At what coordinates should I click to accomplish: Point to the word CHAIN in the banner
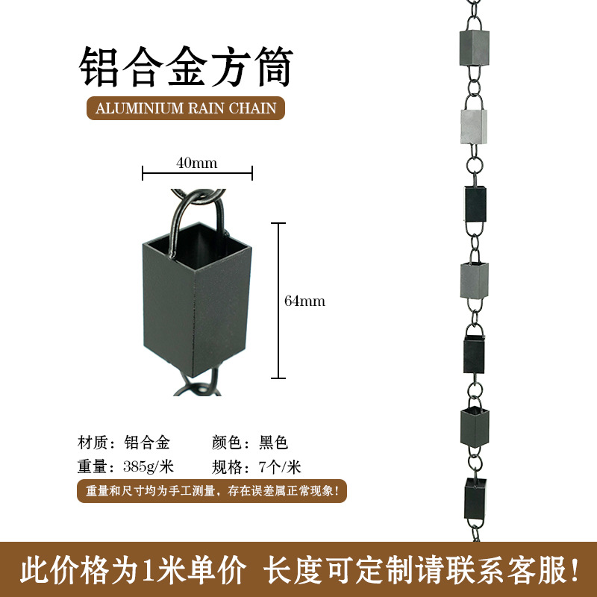(x=254, y=108)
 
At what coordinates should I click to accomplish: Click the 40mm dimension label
(x=197, y=162)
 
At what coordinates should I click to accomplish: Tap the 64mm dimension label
(x=305, y=301)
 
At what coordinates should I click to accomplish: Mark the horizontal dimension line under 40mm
(x=197, y=174)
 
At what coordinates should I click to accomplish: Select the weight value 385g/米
(x=148, y=468)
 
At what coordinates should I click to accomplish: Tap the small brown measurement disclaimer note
(x=212, y=492)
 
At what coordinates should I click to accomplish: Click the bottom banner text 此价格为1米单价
(x=132, y=570)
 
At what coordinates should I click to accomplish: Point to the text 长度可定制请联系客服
(x=422, y=570)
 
